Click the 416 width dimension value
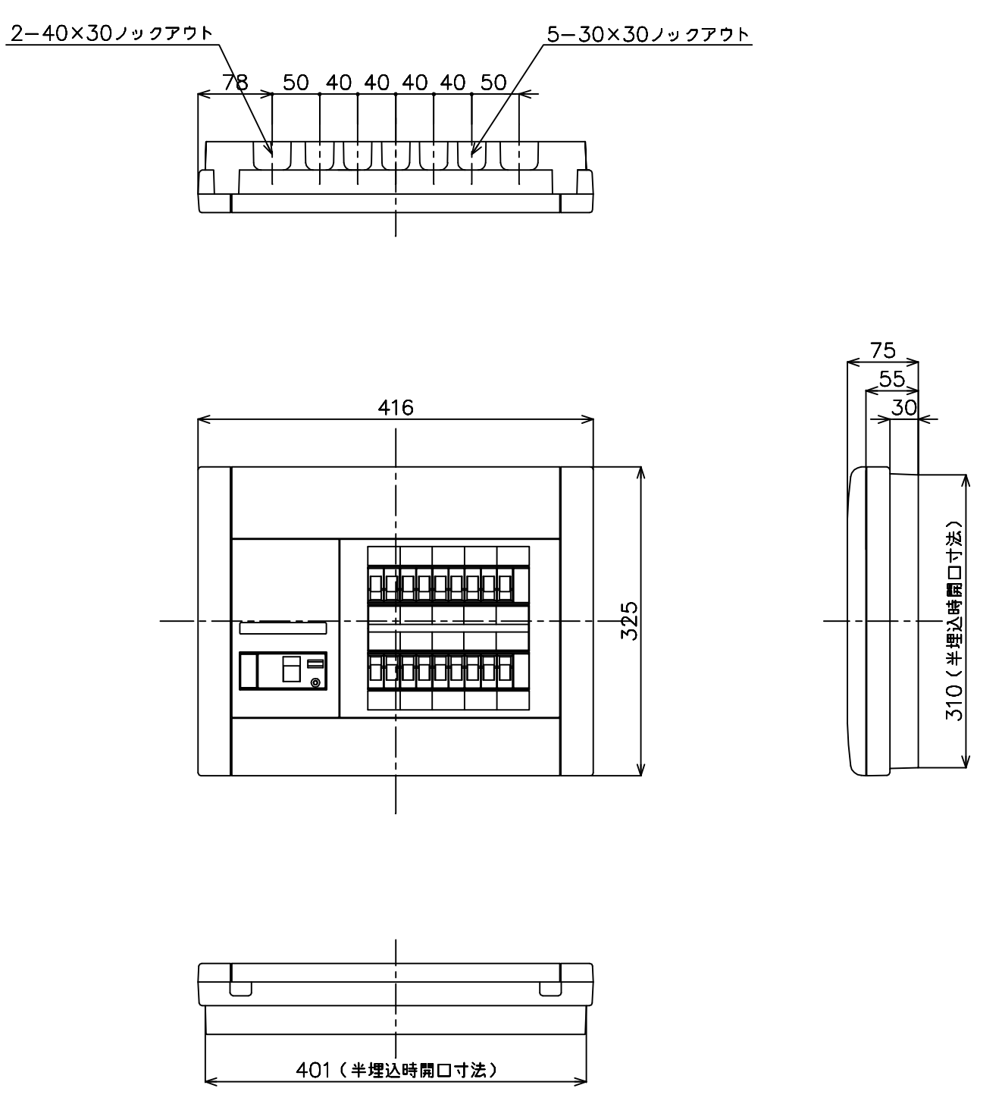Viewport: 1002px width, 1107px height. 395,408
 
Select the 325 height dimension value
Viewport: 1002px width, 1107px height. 629,621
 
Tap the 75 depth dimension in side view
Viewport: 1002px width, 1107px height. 883,350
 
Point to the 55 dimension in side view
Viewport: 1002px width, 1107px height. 891,379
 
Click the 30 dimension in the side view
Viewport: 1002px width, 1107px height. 903,408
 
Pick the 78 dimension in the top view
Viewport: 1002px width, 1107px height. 236,83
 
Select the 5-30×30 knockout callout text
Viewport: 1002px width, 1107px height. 648,35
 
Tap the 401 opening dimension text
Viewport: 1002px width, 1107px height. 396,1071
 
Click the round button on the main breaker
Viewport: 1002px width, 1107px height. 315,682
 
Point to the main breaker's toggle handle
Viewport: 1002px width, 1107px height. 291,670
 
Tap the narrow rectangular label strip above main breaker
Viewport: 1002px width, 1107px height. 283,628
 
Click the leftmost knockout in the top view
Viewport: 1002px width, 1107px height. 272,155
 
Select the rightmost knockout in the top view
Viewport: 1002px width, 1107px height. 519,155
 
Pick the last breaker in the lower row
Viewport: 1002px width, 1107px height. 506,672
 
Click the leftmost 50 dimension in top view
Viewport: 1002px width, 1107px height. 296,83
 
